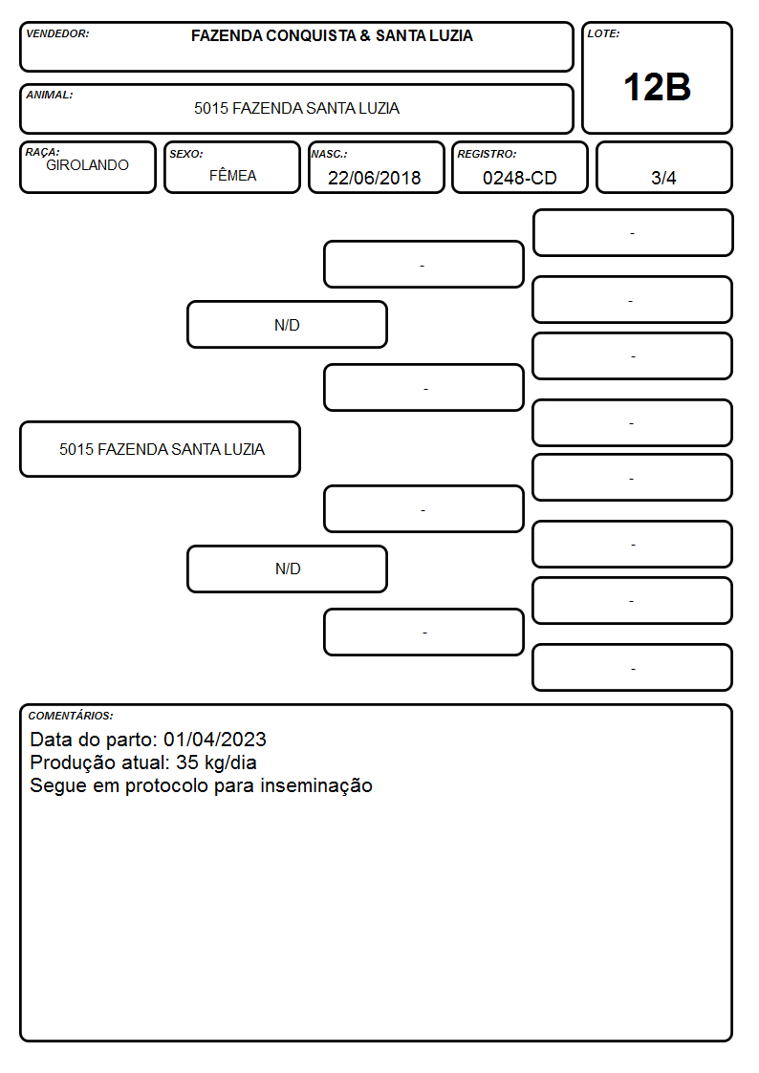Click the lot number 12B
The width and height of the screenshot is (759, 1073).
[657, 88]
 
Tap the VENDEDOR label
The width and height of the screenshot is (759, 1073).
[57, 33]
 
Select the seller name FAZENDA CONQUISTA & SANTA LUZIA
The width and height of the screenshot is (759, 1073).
[332, 35]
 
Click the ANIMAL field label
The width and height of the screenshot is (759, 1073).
[50, 95]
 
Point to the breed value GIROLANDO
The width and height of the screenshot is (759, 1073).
[88, 165]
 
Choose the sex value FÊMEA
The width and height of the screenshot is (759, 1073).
[232, 175]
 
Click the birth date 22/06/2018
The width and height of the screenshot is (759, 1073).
[375, 178]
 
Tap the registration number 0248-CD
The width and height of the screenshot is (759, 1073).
[519, 178]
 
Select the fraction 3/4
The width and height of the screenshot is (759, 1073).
[663, 178]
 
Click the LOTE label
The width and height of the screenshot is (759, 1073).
[603, 33]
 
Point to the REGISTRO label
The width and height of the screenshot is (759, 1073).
[487, 154]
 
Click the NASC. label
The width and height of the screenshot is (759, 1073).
[329, 154]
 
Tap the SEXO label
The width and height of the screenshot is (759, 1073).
[186, 154]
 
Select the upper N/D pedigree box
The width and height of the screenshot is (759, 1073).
[287, 324]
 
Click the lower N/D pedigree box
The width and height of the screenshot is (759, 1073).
[287, 569]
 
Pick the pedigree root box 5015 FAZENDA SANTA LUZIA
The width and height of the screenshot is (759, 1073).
[161, 449]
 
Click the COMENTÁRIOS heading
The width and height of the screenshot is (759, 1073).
[71, 716]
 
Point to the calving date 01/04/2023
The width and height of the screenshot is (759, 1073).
[215, 740]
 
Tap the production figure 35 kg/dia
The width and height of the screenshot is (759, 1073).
[216, 762]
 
